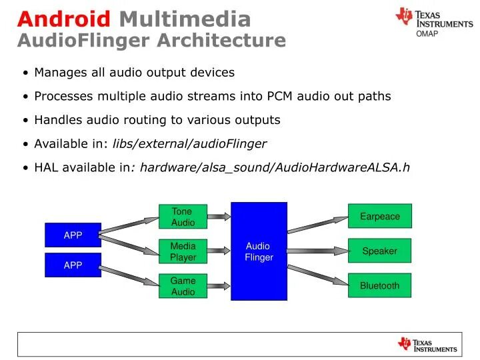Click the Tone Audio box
tap(183, 217)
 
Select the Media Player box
tap(183, 251)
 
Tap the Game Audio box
tap(183, 286)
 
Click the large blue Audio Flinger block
tap(259, 251)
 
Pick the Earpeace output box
tap(379, 216)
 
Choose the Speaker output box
tap(379, 251)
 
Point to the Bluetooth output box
tap(379, 285)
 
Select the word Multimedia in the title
tap(185, 19)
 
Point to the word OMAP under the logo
tap(427, 33)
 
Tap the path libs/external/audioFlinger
tap(189, 143)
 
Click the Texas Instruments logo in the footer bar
tap(427, 345)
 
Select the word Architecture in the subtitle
tap(221, 41)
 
